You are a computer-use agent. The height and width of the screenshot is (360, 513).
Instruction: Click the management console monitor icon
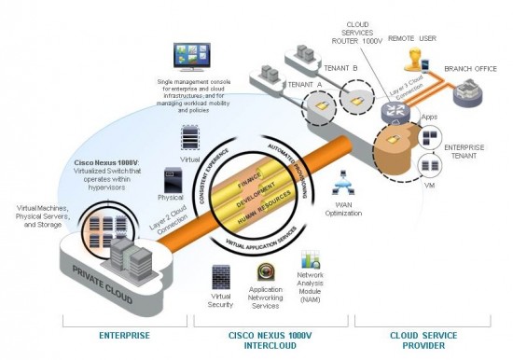coord(193,59)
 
